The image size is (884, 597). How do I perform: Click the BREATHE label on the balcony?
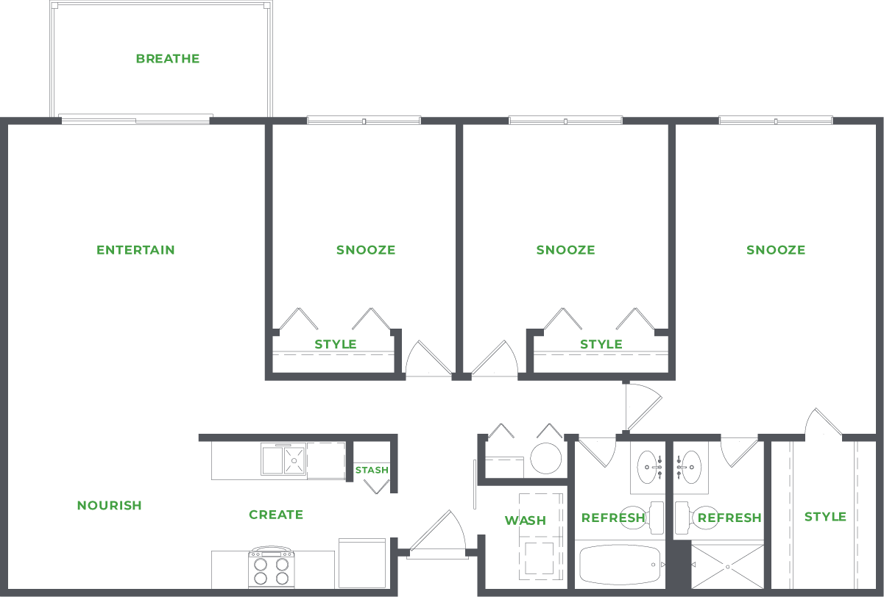(x=168, y=59)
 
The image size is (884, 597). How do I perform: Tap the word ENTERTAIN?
(x=136, y=250)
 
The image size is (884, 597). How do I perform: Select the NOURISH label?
(x=110, y=506)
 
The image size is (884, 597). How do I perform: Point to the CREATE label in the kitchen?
(x=276, y=515)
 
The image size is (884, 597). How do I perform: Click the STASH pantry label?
(x=372, y=471)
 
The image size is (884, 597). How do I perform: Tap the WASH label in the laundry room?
(x=526, y=521)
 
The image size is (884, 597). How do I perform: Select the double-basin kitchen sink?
(x=283, y=461)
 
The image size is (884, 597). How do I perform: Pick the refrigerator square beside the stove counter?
(x=361, y=562)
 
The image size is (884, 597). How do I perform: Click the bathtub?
(x=621, y=565)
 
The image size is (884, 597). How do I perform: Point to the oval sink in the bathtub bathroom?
(x=648, y=465)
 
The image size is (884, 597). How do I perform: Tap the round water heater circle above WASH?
(x=546, y=458)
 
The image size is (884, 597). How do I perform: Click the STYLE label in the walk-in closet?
(x=825, y=517)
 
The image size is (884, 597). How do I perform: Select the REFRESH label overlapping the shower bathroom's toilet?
(x=729, y=518)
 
